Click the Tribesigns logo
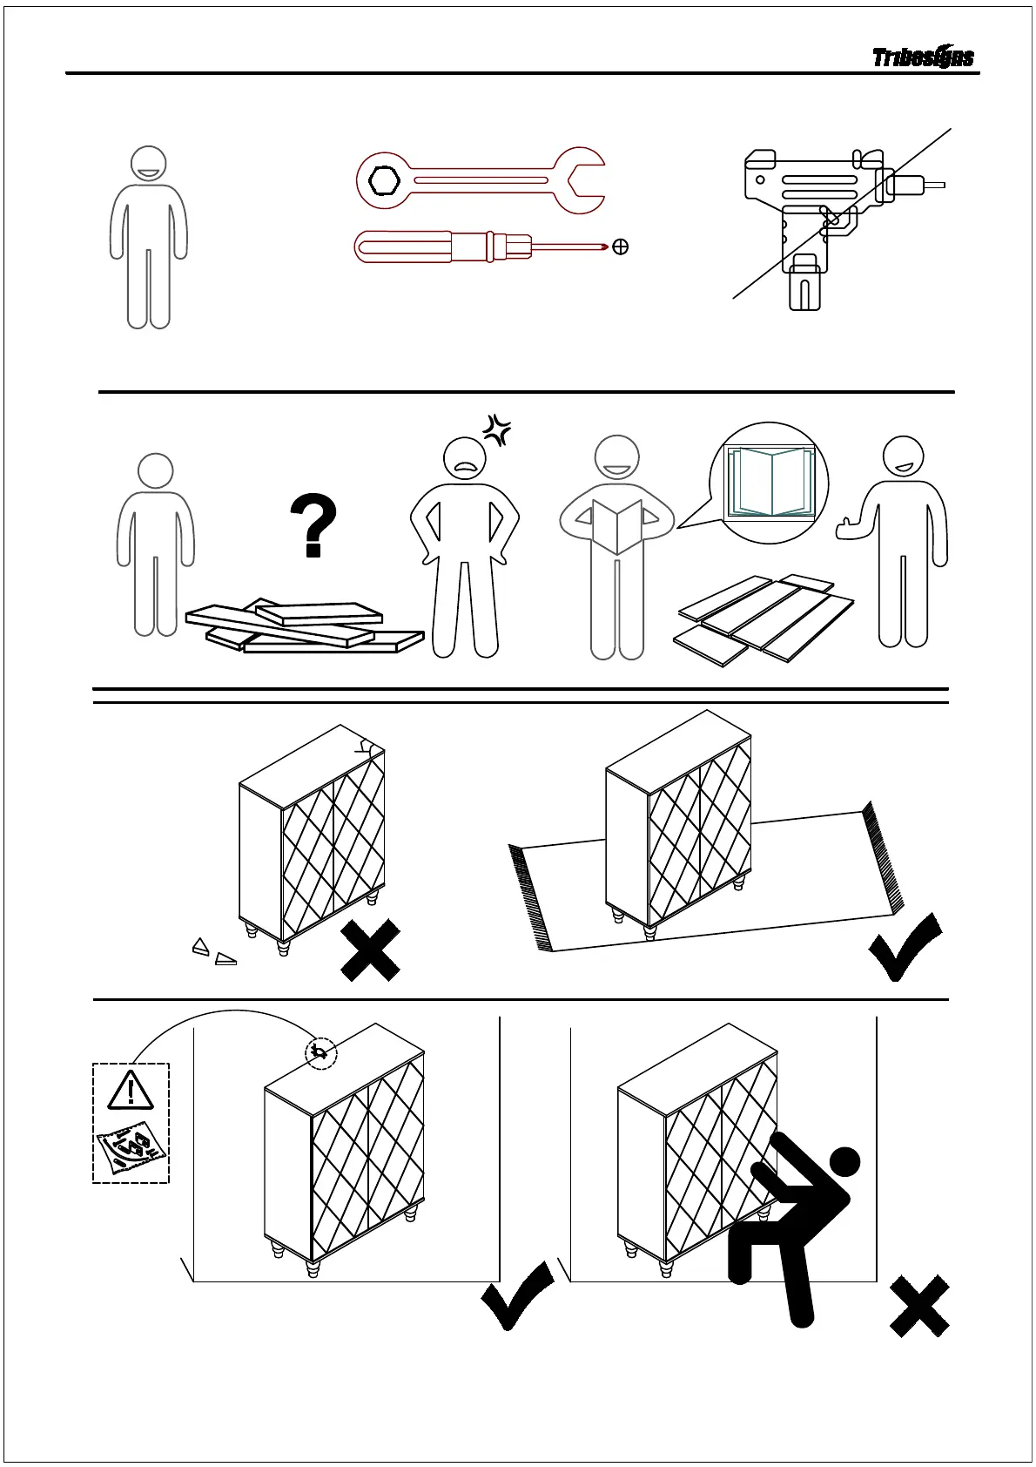[x=923, y=57]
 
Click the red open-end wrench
[x=480, y=180]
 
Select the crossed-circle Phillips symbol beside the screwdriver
[x=621, y=247]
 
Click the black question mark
[x=313, y=525]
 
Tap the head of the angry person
[x=465, y=458]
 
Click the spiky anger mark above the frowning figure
[x=498, y=429]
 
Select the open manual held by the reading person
[x=616, y=525]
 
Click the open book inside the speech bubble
[x=770, y=482]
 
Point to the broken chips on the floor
[x=214, y=952]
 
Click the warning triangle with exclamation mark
[x=131, y=1090]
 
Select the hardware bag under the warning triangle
[x=131, y=1148]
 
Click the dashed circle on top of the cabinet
[x=320, y=1054]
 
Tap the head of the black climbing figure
[x=844, y=1161]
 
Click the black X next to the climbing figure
[x=919, y=1306]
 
